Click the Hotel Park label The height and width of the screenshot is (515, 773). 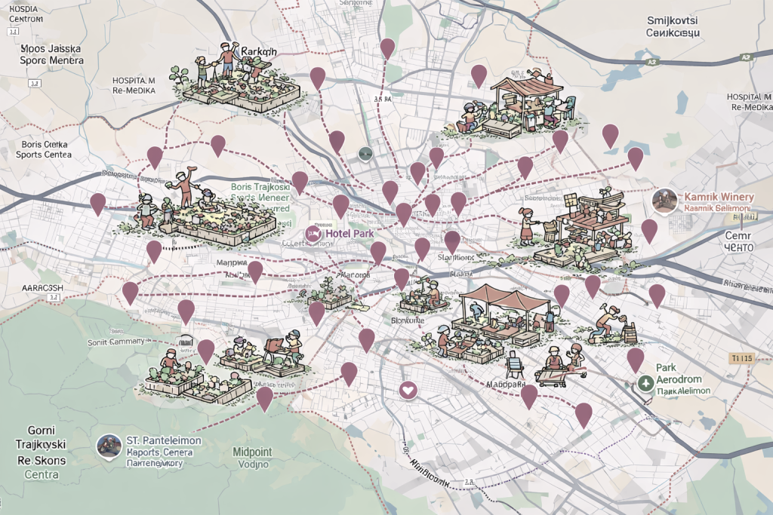[350, 234]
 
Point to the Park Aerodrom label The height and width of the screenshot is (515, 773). [679, 379]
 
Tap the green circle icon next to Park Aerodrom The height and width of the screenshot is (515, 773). [645, 383]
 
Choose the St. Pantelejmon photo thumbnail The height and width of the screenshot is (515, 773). [109, 445]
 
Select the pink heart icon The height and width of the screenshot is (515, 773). [408, 390]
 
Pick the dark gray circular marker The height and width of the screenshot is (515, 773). [365, 153]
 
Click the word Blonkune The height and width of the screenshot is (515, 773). [408, 320]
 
